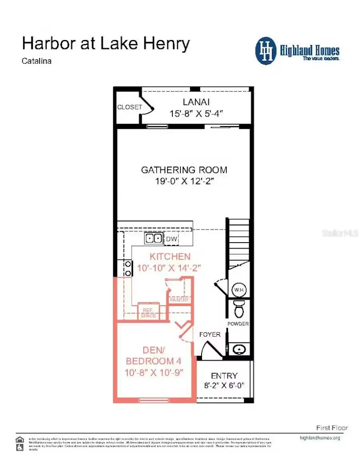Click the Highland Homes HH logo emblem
point(266,51)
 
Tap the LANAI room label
point(196,102)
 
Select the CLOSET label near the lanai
point(129,107)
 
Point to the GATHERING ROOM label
point(184,170)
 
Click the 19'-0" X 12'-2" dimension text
point(185,181)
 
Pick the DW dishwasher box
point(172,239)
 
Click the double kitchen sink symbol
point(154,239)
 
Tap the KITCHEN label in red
point(170,257)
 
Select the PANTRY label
point(179,300)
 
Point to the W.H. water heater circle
point(239,290)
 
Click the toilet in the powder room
point(239,309)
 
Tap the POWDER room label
point(238,324)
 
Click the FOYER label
point(210,334)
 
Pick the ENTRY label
point(224,376)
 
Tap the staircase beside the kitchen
point(238,240)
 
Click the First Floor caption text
point(332,428)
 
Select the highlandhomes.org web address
point(320,438)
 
